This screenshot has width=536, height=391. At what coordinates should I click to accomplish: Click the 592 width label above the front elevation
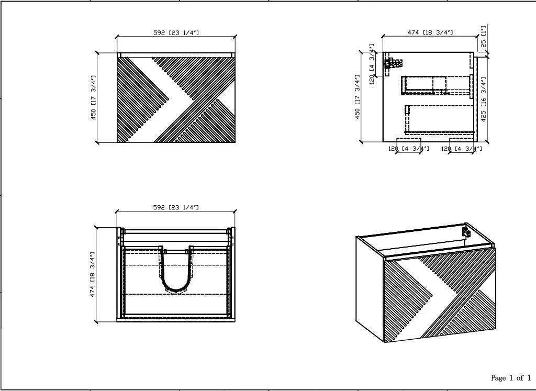pyautogui.click(x=176, y=33)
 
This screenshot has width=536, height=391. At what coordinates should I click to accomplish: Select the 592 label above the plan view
pyautogui.click(x=176, y=207)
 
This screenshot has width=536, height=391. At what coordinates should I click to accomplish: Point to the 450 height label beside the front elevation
pyautogui.click(x=93, y=97)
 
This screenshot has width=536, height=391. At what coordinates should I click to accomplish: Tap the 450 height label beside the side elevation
pyautogui.click(x=357, y=97)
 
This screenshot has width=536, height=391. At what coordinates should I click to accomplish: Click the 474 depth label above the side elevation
pyautogui.click(x=430, y=32)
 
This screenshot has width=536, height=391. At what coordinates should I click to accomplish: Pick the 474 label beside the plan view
pyautogui.click(x=93, y=274)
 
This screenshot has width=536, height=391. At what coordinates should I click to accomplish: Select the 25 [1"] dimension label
pyautogui.click(x=483, y=36)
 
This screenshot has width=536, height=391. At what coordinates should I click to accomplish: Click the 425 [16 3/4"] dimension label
pyautogui.click(x=483, y=99)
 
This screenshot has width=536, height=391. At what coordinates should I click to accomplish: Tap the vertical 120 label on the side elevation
pyautogui.click(x=372, y=63)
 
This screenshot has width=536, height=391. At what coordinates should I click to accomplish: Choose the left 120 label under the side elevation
pyautogui.click(x=409, y=149)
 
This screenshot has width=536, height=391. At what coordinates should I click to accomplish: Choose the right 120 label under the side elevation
pyautogui.click(x=462, y=149)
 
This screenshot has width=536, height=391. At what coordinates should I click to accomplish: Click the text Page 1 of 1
pyautogui.click(x=511, y=378)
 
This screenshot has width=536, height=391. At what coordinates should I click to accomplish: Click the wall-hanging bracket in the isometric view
pyautogui.click(x=466, y=232)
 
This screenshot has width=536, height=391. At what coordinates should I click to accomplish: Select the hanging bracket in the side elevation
pyautogui.click(x=393, y=63)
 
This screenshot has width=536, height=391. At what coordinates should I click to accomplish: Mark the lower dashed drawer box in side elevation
pyautogui.click(x=440, y=119)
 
